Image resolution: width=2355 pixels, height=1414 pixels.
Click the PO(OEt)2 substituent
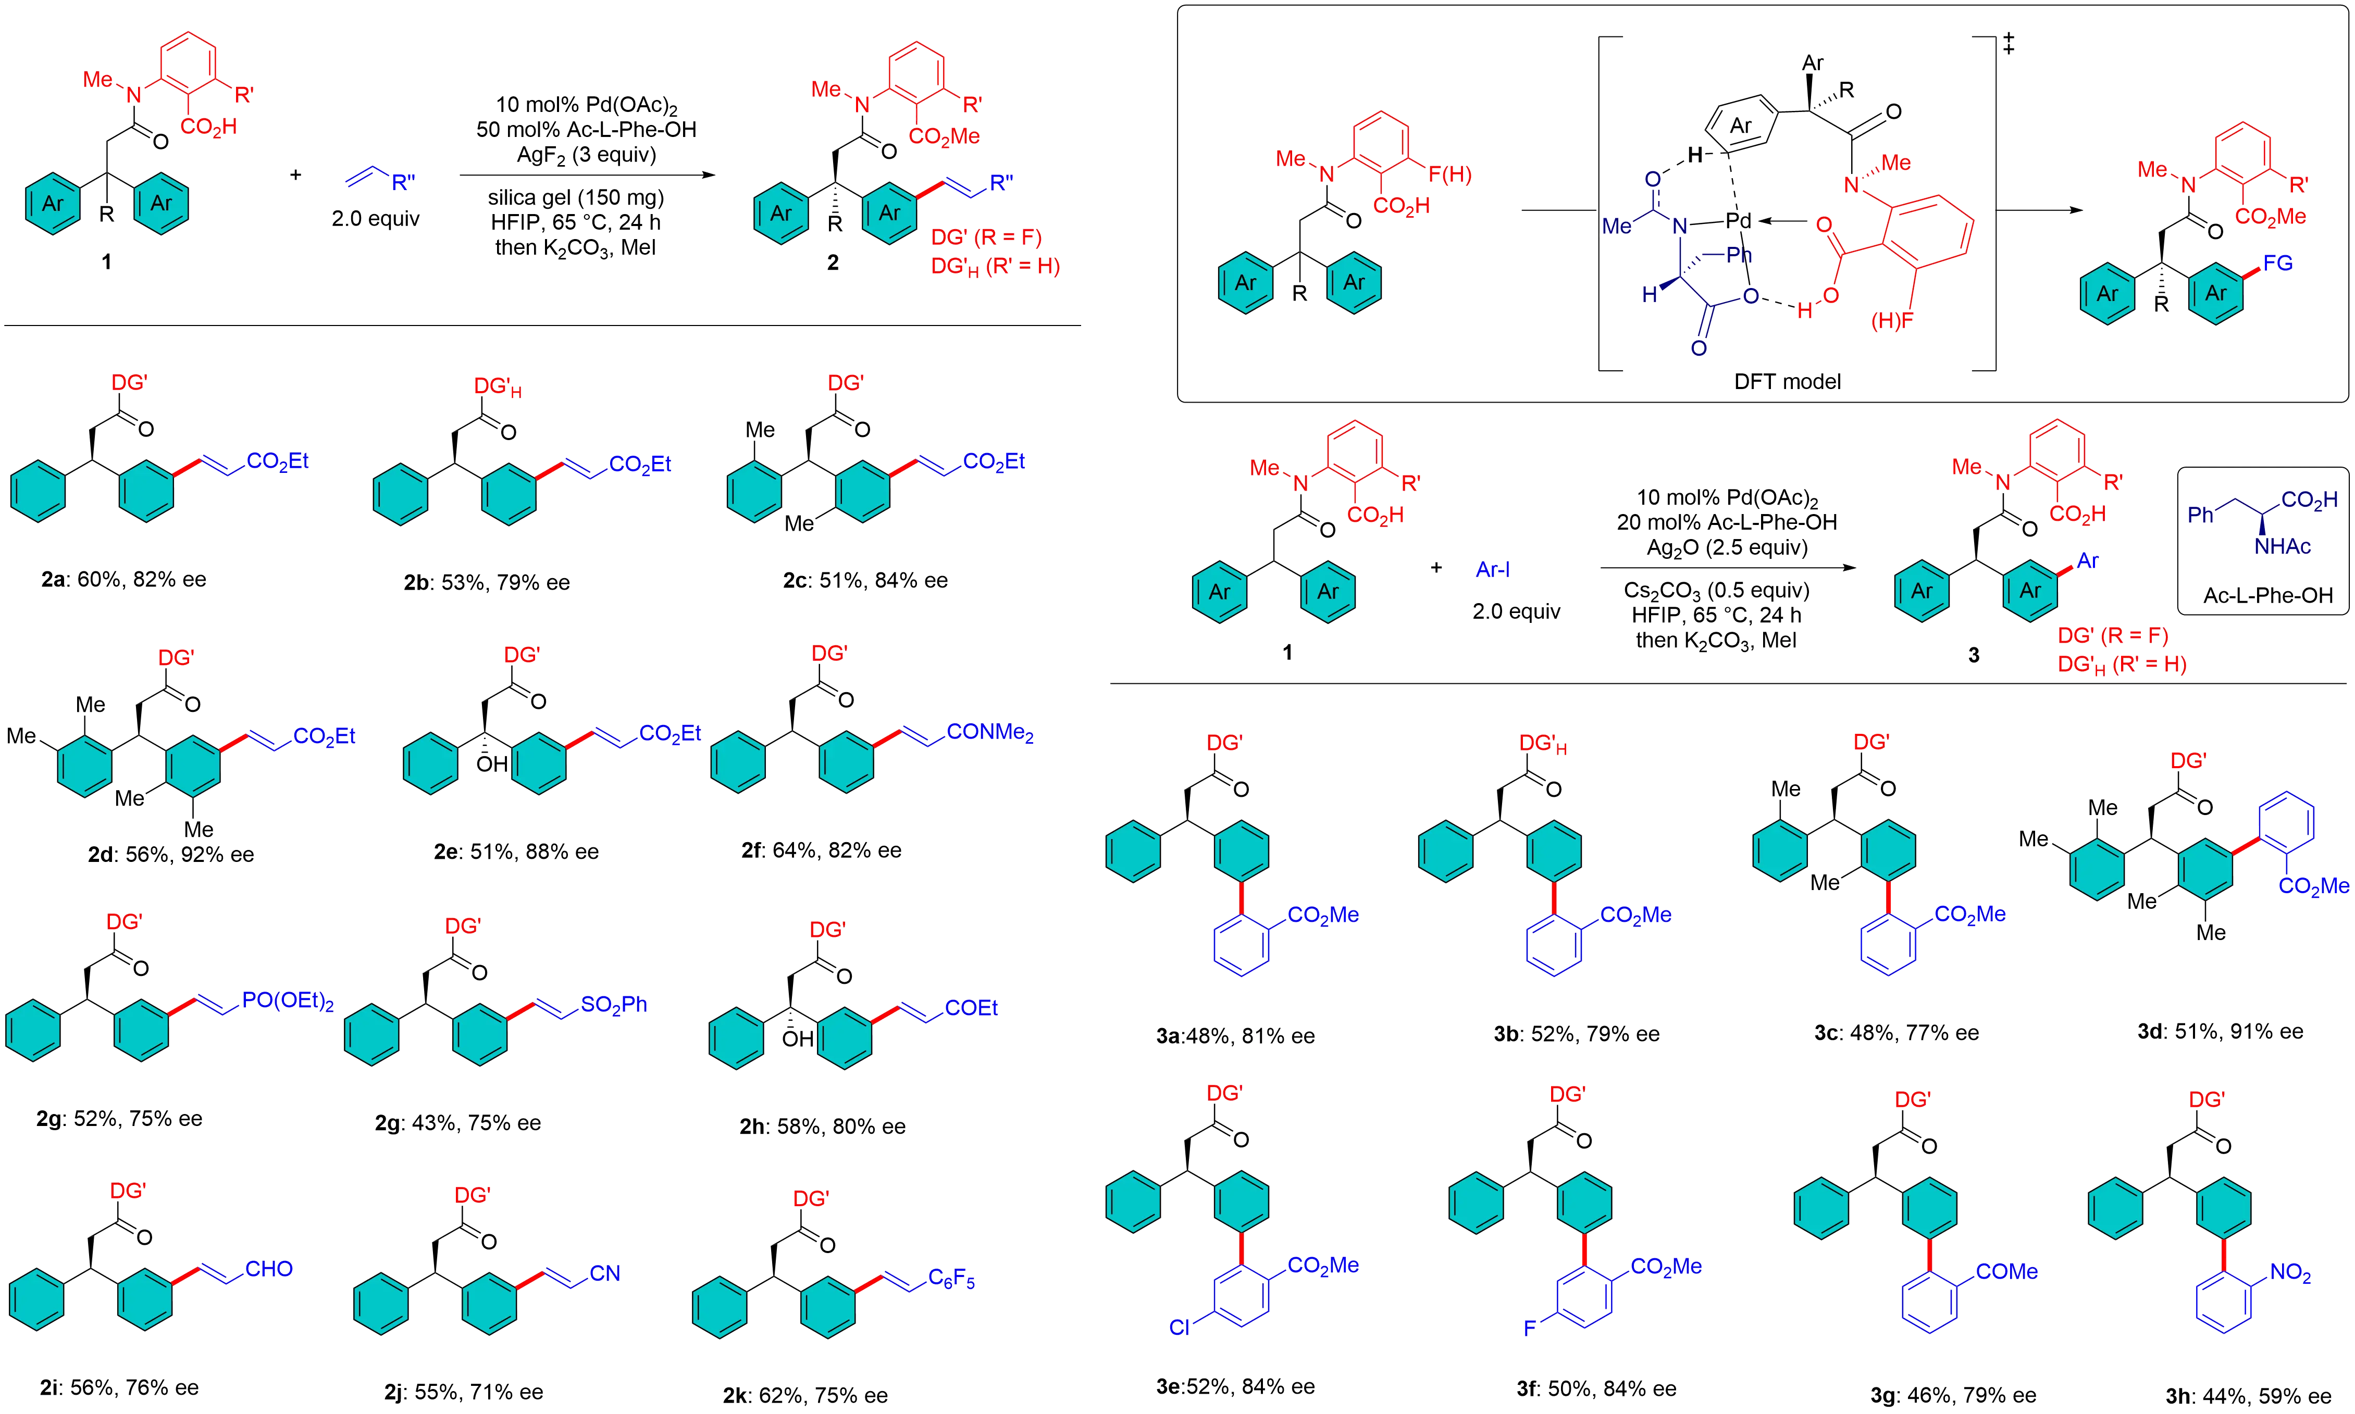click(x=287, y=1002)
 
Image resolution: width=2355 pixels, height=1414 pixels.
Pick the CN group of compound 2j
click(x=605, y=1273)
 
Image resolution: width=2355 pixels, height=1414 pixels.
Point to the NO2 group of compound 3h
click(x=2291, y=1273)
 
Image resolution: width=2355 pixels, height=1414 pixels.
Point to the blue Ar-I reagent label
click(x=1493, y=570)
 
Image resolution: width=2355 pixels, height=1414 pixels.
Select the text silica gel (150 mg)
click(x=577, y=198)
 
